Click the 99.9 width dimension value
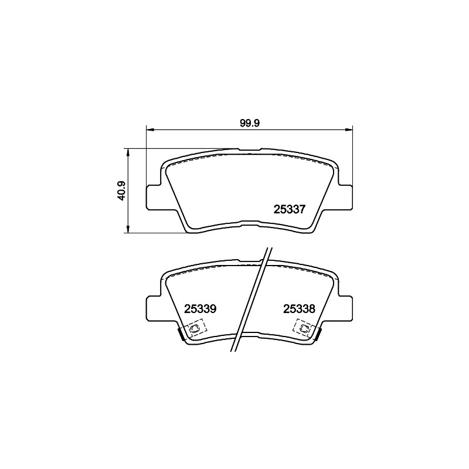250,123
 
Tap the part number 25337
290,209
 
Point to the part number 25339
200,309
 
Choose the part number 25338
299,309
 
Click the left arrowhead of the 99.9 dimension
150,130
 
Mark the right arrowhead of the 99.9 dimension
349,130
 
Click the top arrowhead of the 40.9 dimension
128,152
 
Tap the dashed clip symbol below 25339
195,328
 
